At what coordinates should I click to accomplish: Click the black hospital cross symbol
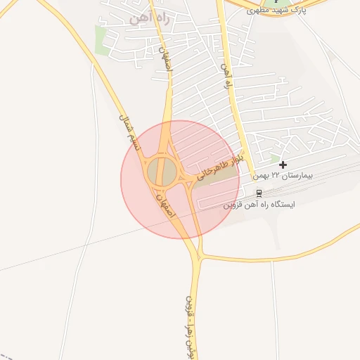click(283, 165)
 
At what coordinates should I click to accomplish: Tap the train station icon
click(259, 193)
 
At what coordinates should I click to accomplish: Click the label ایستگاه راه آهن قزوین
click(259, 205)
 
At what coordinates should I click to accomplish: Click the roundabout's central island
click(161, 172)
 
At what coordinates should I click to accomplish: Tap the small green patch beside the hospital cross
click(275, 158)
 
